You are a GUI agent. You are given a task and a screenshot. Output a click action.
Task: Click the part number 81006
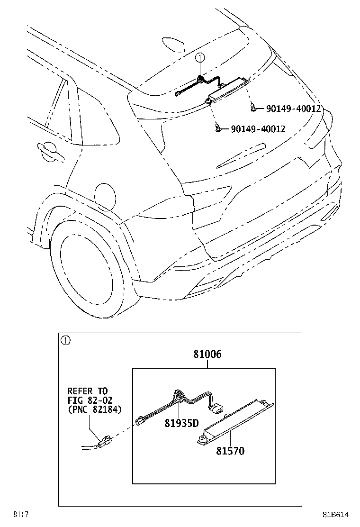(207, 354)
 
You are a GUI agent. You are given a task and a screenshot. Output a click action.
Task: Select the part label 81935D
(182, 423)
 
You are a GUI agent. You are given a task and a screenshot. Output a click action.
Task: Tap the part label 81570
(230, 451)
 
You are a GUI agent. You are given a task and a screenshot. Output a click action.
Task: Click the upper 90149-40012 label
(294, 109)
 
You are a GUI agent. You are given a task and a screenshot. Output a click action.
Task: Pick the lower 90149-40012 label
(258, 129)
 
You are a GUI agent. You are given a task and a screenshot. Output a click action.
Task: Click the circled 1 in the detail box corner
(65, 340)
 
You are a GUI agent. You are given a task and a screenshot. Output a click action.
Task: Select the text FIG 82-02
(90, 400)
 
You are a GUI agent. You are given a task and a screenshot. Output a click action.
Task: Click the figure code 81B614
(335, 515)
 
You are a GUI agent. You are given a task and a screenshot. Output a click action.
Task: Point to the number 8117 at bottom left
(20, 515)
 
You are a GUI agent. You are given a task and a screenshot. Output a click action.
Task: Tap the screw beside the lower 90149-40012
(218, 127)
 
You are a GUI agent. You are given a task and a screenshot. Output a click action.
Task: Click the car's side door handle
(49, 150)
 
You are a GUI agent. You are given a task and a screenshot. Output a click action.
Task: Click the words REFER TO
(88, 391)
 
